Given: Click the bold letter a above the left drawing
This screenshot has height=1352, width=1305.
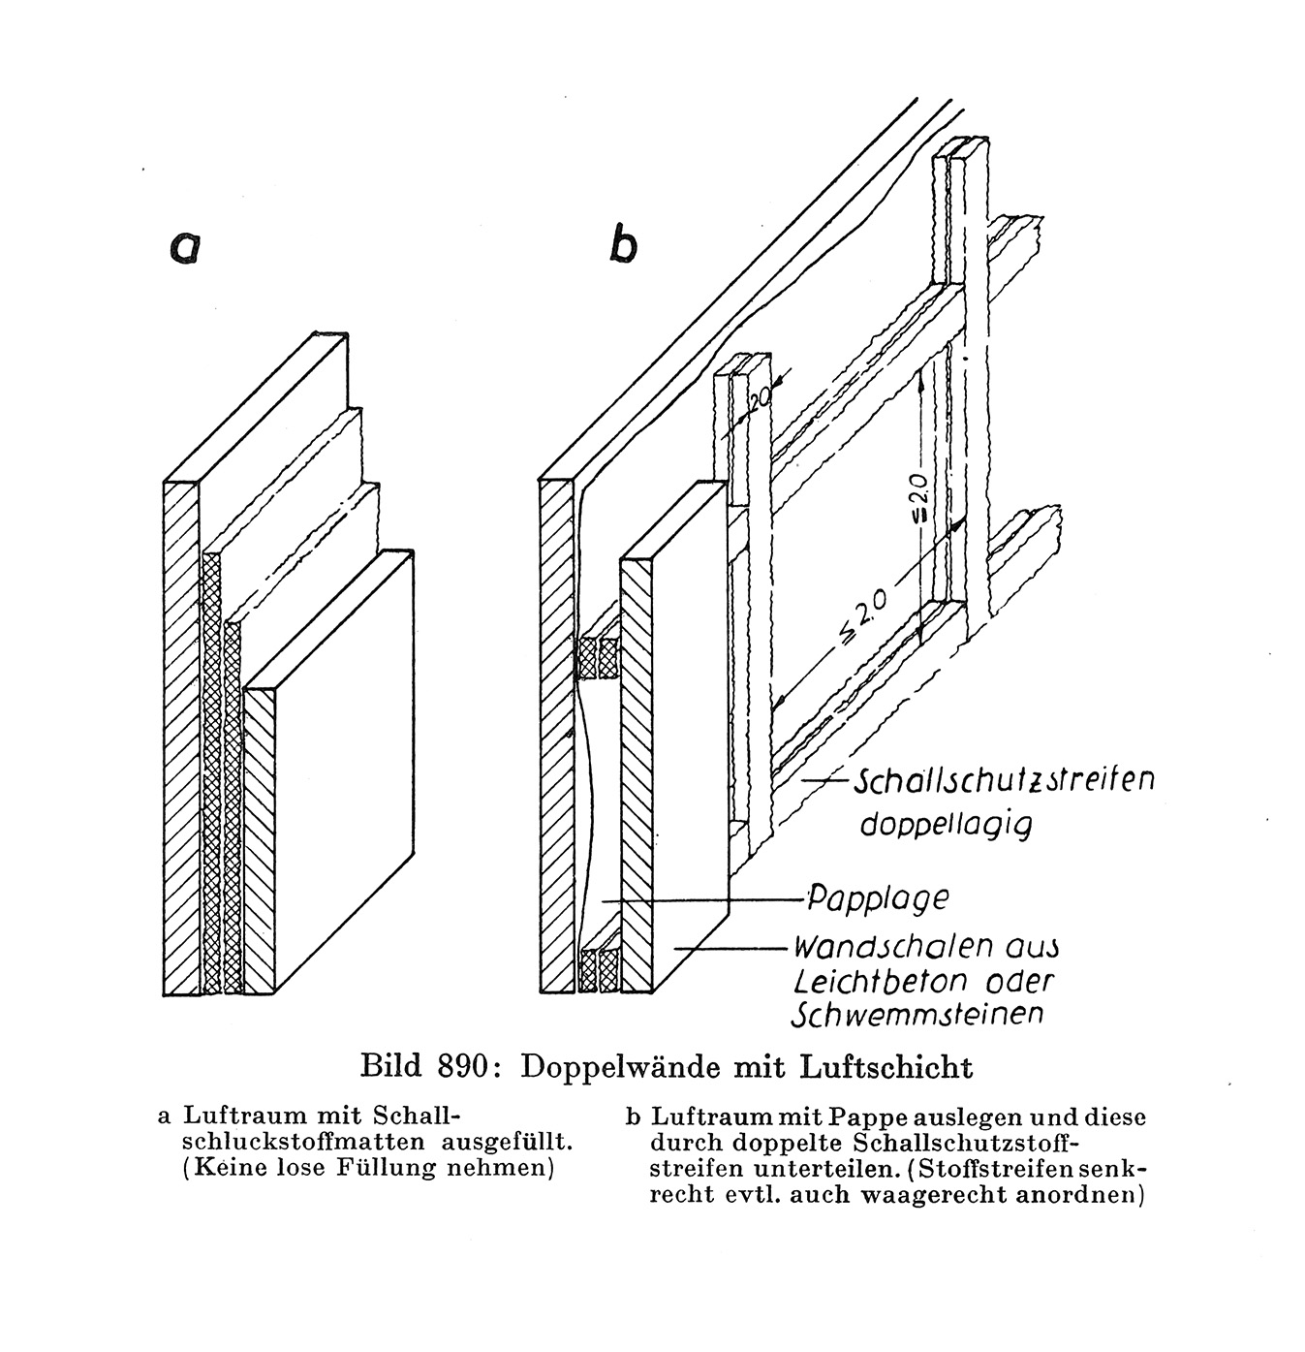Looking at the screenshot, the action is click(x=185, y=248).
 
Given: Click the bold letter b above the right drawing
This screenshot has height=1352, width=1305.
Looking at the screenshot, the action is click(x=622, y=242).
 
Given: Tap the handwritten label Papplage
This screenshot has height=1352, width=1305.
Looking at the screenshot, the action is click(x=877, y=899).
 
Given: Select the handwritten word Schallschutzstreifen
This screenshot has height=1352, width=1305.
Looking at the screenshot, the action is click(x=1003, y=780).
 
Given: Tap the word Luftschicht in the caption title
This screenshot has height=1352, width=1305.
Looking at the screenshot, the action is click(x=886, y=1066).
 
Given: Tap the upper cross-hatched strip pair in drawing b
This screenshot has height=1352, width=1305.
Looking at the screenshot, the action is click(x=597, y=657).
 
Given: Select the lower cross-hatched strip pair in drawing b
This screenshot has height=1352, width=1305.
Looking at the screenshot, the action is click(x=599, y=970).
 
